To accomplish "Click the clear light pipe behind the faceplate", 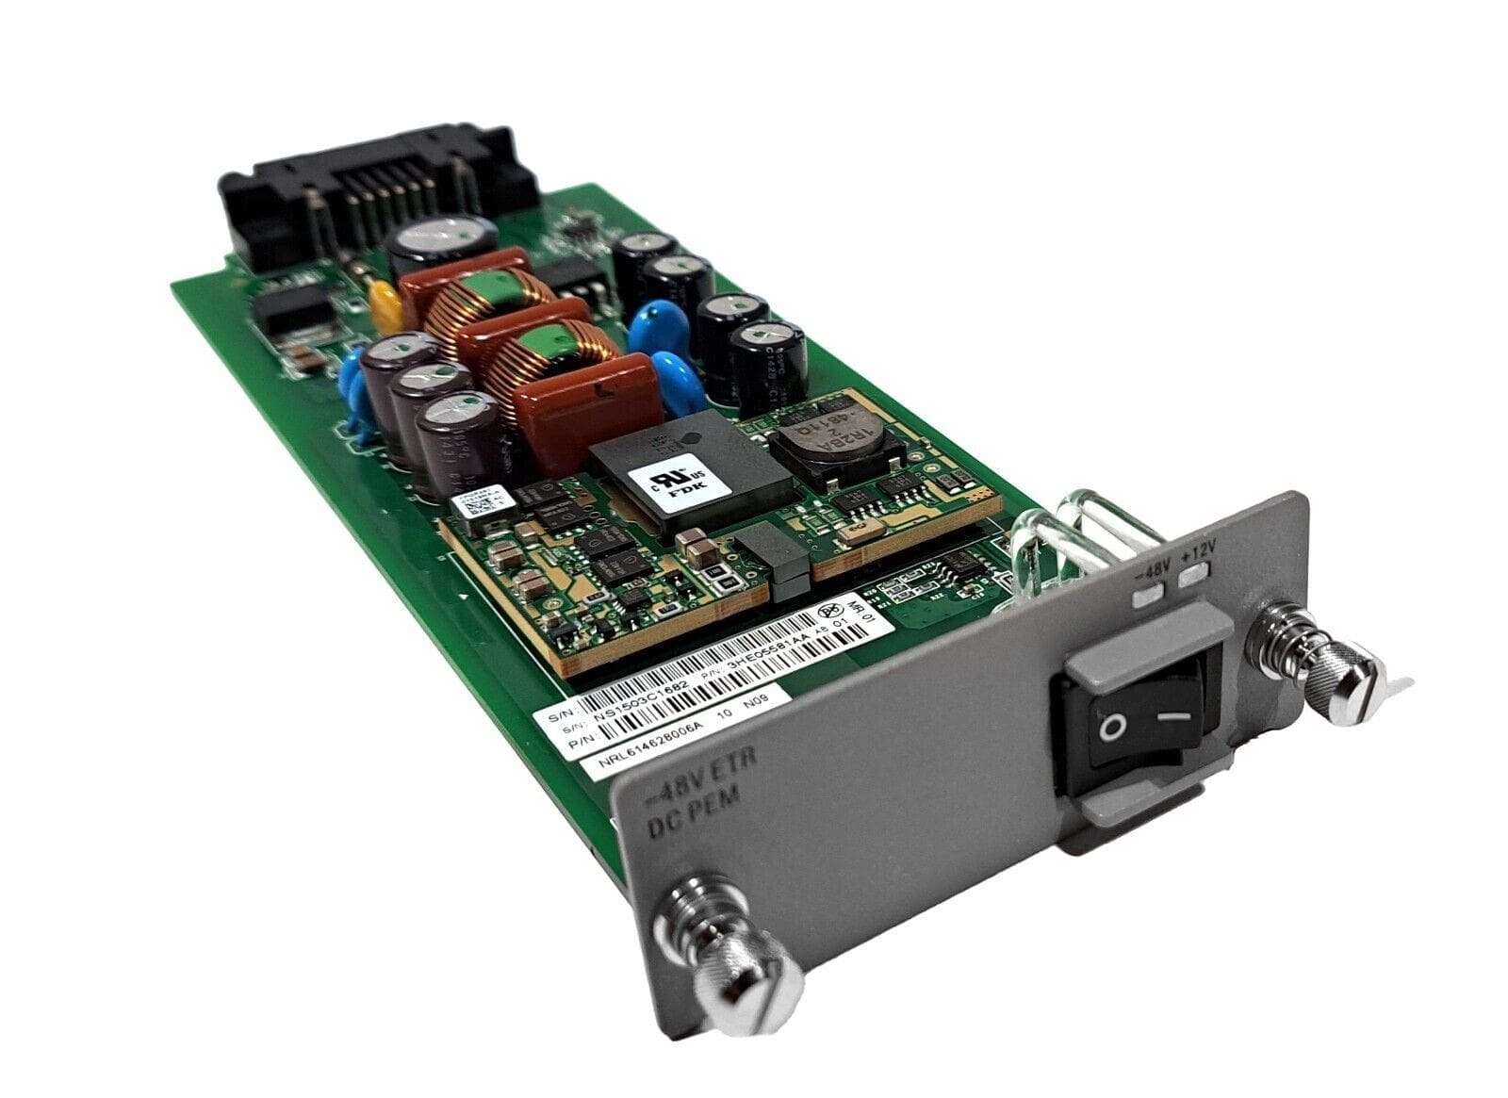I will [x=1070, y=537].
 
